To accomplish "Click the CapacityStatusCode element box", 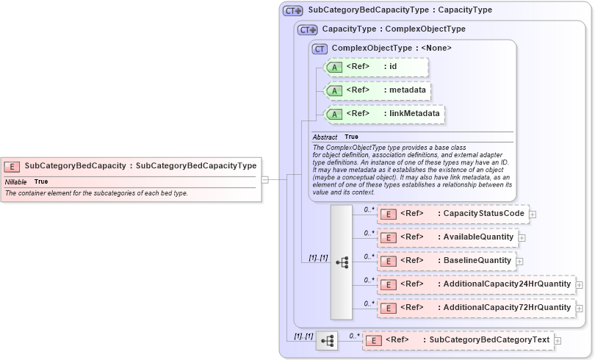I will coord(452,214).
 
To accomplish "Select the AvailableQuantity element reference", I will coord(447,237).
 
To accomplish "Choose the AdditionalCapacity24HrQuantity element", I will coord(476,284).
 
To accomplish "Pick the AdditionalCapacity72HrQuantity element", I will coord(476,308).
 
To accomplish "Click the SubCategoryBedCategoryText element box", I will coord(459,340).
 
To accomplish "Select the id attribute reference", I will coord(375,67).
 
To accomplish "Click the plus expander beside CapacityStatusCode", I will coord(533,215).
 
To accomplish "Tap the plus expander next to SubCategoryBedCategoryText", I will coord(558,341).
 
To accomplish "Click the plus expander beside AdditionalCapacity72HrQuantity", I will coord(580,309).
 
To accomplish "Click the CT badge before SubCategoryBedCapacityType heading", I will coord(293,11).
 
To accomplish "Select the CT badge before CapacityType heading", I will coord(307,30).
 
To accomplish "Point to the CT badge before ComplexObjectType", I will coord(320,48).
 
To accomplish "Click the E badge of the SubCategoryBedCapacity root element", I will coord(12,166).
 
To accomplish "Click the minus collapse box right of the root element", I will coord(264,179).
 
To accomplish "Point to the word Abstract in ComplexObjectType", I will coord(325,137).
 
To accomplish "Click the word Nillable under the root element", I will coord(15,181).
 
